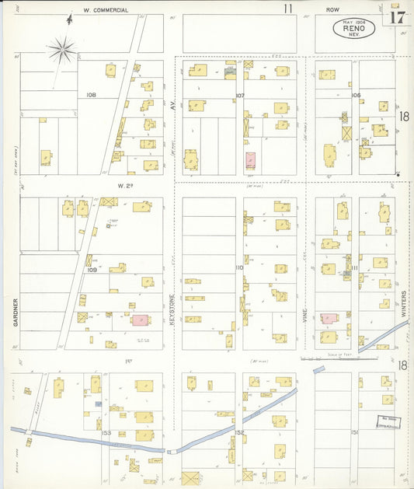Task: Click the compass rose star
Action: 62,51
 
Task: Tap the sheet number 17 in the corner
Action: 397,17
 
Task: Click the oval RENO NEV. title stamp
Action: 354,29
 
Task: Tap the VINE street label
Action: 305,314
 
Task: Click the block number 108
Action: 91,95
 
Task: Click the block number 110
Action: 238,267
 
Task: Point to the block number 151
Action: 353,433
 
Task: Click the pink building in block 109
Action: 140,320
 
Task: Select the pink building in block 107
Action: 251,160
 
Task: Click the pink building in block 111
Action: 329,319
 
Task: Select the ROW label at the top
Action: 333,10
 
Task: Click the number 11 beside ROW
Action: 288,9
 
